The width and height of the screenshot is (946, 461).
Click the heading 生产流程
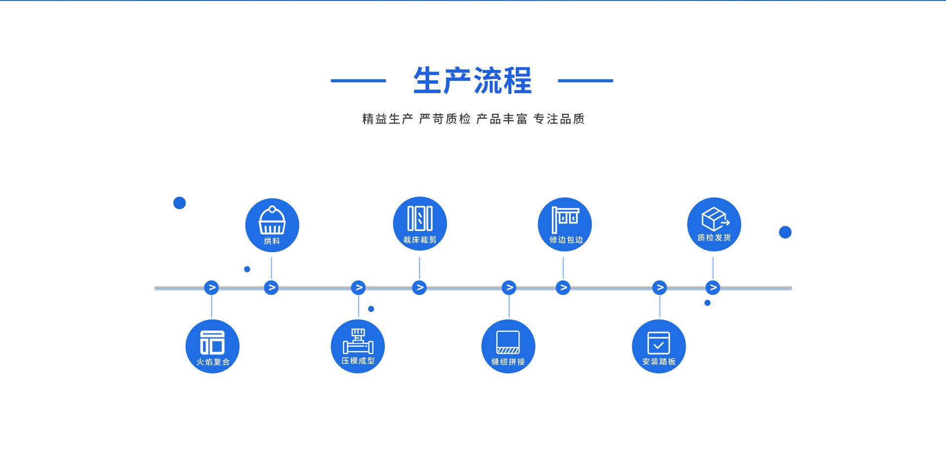click(x=473, y=80)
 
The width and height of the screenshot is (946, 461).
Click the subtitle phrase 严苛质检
click(x=445, y=119)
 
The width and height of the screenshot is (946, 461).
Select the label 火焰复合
click(x=213, y=362)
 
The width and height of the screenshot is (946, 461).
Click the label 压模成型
click(x=358, y=361)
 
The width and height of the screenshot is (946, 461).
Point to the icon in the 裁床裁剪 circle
click(x=420, y=218)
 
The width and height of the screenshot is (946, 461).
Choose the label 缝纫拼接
click(x=508, y=362)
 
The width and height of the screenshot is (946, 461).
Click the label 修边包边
click(x=566, y=240)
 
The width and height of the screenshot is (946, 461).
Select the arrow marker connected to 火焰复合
click(x=211, y=288)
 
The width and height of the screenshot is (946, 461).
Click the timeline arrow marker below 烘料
click(x=271, y=288)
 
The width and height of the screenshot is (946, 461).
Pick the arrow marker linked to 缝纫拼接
click(x=509, y=288)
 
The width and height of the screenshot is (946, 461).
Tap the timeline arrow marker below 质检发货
click(x=712, y=288)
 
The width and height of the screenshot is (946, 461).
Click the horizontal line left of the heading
click(x=358, y=80)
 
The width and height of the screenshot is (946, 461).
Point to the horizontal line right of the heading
click(x=585, y=80)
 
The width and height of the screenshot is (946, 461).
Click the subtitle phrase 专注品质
click(x=559, y=119)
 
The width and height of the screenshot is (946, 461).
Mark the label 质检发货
click(x=714, y=238)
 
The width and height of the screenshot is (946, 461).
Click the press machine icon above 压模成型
click(x=358, y=341)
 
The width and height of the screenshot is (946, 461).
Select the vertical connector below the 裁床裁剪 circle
click(x=419, y=268)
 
